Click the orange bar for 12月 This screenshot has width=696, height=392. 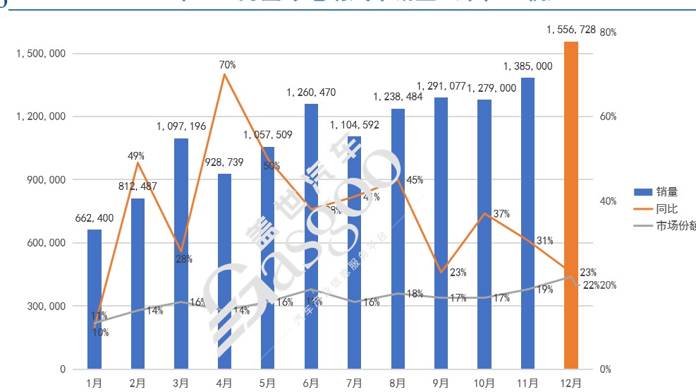click(x=571, y=205)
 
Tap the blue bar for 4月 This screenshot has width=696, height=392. click(x=224, y=271)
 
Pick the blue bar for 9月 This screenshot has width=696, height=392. click(x=441, y=233)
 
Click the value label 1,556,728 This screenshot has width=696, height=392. click(x=571, y=30)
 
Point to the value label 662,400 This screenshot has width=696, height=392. click(x=94, y=218)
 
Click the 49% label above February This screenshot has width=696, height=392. click(x=136, y=155)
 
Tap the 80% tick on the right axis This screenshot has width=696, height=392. click(x=608, y=32)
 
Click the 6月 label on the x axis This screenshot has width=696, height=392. click(x=310, y=384)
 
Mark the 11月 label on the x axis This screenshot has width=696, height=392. click(x=527, y=384)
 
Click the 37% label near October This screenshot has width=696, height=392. click(x=501, y=214)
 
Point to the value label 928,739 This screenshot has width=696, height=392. click(x=224, y=162)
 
